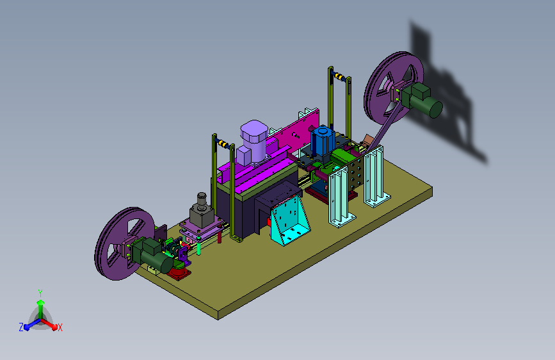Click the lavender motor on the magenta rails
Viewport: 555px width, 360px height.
[x=252, y=142]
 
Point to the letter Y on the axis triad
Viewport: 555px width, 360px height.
[x=40, y=293]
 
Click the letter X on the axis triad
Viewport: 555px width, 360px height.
[x=60, y=327]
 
